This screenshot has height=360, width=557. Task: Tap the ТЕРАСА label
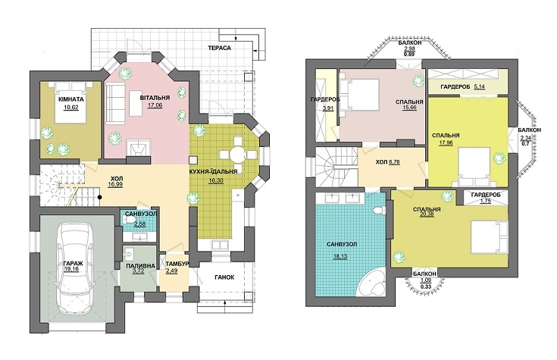point(220,48)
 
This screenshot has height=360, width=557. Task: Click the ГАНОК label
point(224,277)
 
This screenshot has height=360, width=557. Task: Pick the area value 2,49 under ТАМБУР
point(171,271)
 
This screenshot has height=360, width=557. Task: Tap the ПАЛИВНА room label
point(141,266)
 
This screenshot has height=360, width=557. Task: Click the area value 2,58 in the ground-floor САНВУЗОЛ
point(139,224)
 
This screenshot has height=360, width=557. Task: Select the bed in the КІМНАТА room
point(71,102)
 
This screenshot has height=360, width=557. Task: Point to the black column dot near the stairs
point(100,197)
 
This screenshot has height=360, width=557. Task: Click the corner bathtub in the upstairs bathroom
point(371,283)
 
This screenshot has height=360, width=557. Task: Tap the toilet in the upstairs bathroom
point(379,210)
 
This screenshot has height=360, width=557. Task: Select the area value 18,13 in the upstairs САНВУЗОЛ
point(340,256)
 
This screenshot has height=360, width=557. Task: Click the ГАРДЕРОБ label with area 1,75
point(486,195)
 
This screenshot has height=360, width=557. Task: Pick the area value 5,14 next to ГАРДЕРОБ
point(480,86)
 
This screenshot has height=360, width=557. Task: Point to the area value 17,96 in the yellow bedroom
point(446,142)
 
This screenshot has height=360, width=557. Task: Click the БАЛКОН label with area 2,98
point(409,42)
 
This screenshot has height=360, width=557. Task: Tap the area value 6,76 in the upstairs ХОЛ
point(394,162)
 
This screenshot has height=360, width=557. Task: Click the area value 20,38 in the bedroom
point(427,214)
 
